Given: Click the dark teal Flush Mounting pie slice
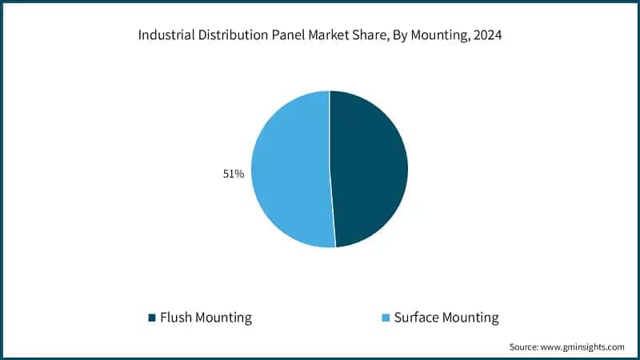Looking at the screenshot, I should (370, 168).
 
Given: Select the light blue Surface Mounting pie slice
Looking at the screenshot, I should (290, 170).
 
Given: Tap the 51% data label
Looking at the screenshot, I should (234, 173).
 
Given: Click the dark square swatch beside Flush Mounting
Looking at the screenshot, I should (151, 318).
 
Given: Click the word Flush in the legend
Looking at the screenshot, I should (176, 318).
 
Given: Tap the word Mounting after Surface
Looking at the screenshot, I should (472, 318).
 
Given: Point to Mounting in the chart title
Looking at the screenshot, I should (434, 35).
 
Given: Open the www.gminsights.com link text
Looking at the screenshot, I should (585, 347).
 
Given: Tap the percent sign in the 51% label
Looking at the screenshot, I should (239, 173).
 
